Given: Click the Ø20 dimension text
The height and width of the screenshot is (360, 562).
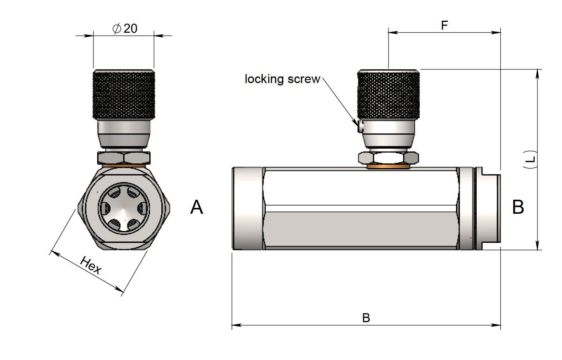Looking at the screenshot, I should (x=125, y=28).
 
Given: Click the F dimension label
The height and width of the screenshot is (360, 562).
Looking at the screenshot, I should (x=444, y=25).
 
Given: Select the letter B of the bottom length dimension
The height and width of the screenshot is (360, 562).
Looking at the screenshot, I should (x=366, y=318).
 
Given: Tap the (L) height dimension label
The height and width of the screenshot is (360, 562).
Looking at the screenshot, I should (x=530, y=159).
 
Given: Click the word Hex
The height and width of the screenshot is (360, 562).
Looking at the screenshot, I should (x=91, y=265).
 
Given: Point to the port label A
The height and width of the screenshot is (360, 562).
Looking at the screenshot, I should (x=196, y=207).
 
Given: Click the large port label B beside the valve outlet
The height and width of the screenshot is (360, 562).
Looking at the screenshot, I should (x=518, y=207).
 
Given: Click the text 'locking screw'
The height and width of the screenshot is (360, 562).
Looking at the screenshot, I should (x=282, y=79).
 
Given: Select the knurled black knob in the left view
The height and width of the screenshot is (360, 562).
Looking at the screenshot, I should (x=124, y=94).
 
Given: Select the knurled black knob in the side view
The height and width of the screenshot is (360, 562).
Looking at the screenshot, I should (x=388, y=94).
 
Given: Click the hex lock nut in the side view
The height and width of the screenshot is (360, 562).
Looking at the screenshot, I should (x=388, y=158).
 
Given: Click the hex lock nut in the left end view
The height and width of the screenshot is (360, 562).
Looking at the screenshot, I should (x=124, y=158).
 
